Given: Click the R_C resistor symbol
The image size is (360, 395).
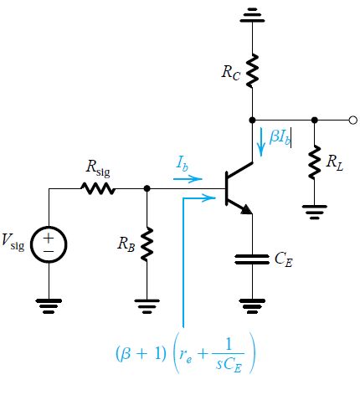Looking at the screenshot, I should [252, 70].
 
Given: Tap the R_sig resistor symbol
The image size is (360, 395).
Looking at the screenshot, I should [97, 189].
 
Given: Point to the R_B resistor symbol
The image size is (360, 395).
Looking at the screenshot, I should [147, 244].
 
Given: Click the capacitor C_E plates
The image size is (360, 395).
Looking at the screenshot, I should [252, 260].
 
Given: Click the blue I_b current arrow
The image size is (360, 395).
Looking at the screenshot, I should [188, 178].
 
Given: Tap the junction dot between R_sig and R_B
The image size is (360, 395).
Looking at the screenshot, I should [147, 189].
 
